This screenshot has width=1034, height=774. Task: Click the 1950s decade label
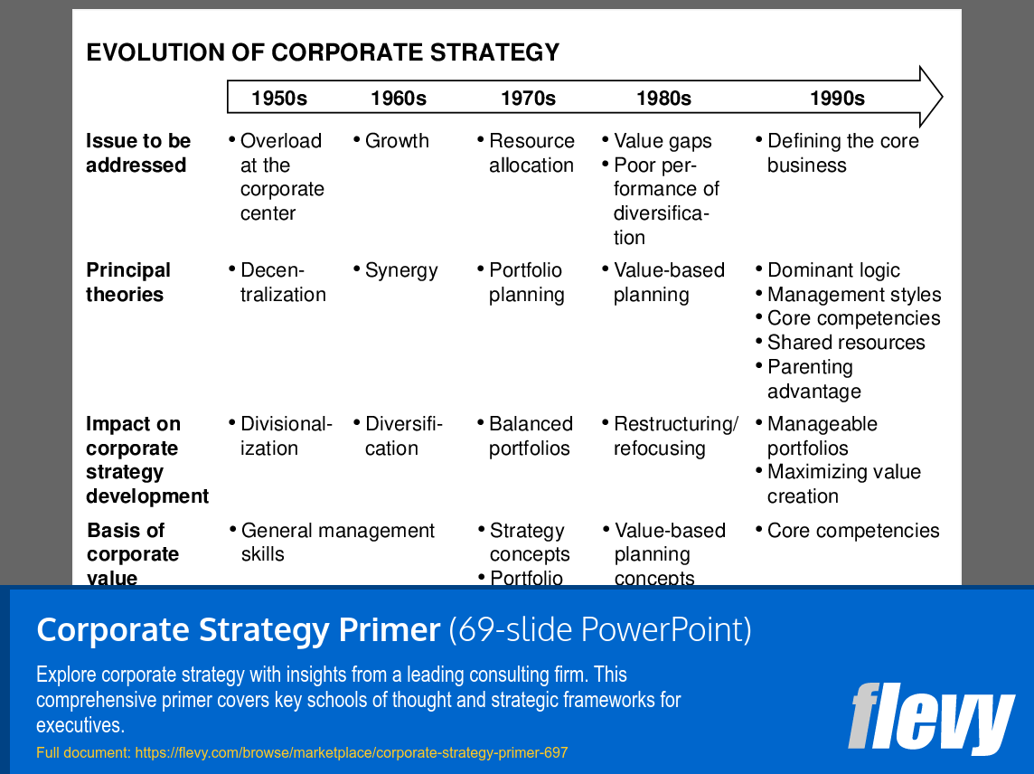point(279,99)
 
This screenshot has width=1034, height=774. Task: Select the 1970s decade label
point(528,99)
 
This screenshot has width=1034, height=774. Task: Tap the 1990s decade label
point(837,99)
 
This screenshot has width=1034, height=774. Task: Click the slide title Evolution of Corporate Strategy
point(323,52)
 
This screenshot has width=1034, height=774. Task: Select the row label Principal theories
point(128,282)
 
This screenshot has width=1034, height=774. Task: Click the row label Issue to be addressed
point(138,153)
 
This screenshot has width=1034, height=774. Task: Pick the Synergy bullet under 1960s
point(400,270)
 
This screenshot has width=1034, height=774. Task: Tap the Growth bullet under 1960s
point(396,141)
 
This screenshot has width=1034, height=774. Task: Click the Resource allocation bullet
point(531,153)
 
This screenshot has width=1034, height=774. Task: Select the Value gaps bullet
point(662,141)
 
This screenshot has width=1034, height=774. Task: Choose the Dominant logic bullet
point(832,270)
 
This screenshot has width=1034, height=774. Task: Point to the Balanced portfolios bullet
point(530,436)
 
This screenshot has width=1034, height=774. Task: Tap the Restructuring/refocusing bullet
point(674,436)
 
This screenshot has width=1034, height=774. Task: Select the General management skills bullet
point(337,542)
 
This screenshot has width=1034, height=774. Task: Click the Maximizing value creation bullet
point(842,484)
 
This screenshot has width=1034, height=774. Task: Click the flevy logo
point(931,718)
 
